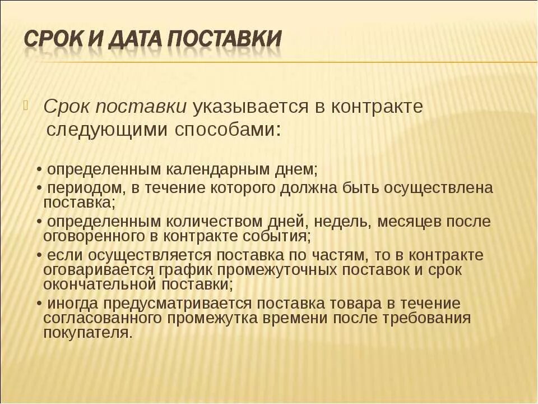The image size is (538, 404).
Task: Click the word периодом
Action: point(82,187)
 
